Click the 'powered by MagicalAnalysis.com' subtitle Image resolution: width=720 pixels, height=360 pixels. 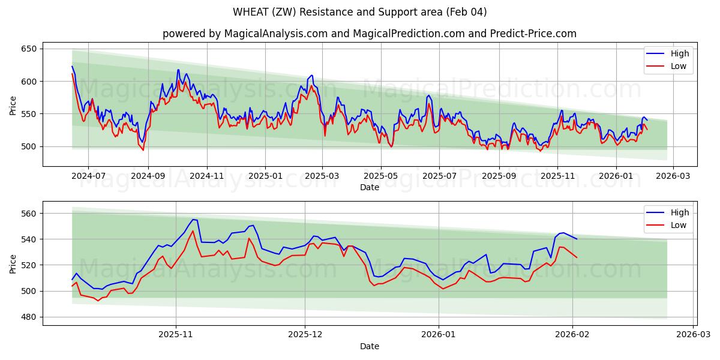(x=369, y=34)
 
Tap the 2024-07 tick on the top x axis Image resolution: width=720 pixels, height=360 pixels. (x=88, y=176)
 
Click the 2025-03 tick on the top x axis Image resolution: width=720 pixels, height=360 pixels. (x=322, y=176)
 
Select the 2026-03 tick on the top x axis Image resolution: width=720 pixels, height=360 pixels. (x=673, y=176)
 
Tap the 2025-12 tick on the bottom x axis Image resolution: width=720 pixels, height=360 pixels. (x=305, y=335)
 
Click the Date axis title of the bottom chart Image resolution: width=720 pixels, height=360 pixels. (x=369, y=346)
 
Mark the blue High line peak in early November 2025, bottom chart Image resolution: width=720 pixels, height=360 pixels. (x=193, y=220)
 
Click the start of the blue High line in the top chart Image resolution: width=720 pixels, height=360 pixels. (x=72, y=66)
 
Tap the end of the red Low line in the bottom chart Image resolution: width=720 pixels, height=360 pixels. (x=577, y=258)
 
